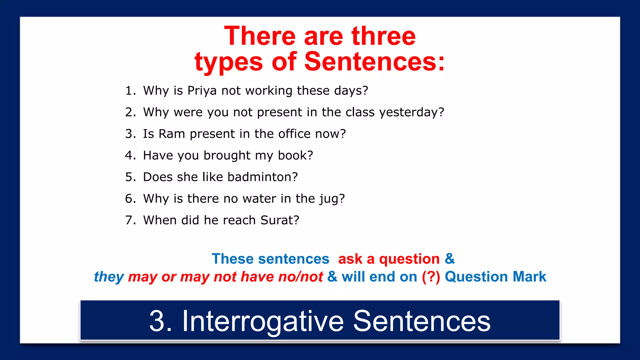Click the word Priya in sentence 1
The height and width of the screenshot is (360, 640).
pyautogui.click(x=202, y=91)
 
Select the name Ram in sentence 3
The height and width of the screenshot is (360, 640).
pyautogui.click(x=172, y=134)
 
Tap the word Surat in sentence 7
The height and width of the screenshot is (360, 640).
pyautogui.click(x=277, y=220)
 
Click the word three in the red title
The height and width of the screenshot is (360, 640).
pyautogui.click(x=383, y=37)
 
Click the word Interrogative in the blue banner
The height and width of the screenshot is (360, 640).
pyautogui.click(x=263, y=321)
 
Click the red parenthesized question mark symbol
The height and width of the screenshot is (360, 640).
pyautogui.click(x=431, y=277)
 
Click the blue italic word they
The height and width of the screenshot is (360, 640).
pyautogui.click(x=109, y=277)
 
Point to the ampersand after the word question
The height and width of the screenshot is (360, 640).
pyautogui.click(x=450, y=259)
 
